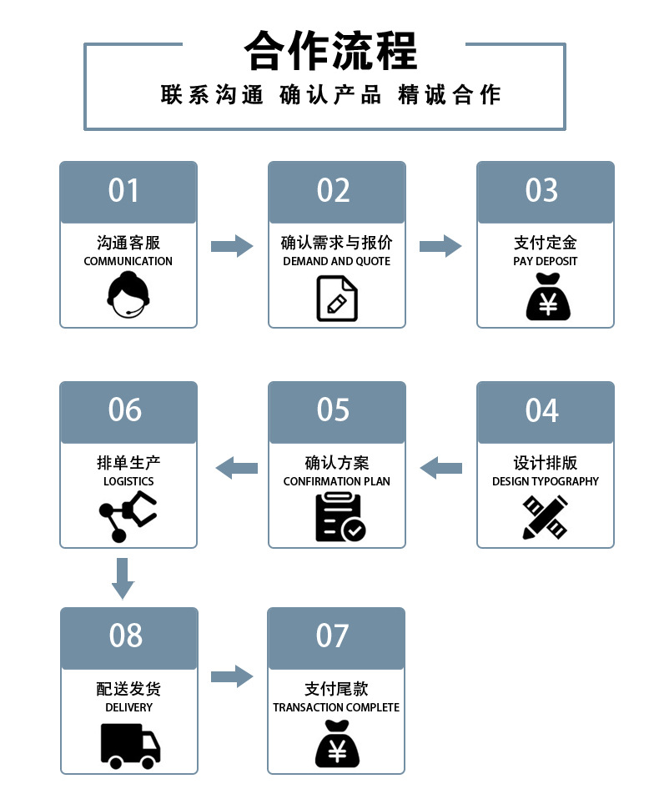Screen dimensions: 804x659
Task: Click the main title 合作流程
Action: coord(330,52)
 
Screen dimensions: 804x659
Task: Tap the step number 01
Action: coord(123,191)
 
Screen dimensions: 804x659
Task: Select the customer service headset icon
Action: coord(128,296)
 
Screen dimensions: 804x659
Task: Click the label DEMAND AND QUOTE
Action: coord(336,261)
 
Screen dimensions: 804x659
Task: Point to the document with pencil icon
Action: coord(337,298)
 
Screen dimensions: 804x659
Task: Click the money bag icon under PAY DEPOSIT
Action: coord(548,298)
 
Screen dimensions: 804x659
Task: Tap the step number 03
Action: coord(541,191)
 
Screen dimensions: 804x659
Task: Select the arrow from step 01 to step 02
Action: coord(232,246)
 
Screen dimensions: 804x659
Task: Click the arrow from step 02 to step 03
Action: coord(440,246)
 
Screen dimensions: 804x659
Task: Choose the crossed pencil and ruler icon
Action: coord(545,517)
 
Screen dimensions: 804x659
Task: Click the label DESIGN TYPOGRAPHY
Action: coord(546,481)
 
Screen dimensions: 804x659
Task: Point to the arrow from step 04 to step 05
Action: coord(440,468)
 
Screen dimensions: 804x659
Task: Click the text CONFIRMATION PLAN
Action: coord(336,481)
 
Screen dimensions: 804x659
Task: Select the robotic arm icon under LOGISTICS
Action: coord(128,516)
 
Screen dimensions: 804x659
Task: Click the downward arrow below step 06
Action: coord(123,578)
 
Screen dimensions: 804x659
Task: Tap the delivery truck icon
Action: coord(129,745)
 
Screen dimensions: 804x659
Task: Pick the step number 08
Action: coord(126,636)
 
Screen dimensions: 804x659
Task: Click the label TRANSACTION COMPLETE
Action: coord(336,707)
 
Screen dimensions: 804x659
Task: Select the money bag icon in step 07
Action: coord(337,744)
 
